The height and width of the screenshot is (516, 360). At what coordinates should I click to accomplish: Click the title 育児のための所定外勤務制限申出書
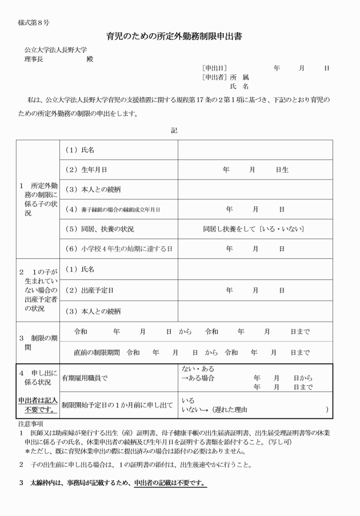tap(174, 37)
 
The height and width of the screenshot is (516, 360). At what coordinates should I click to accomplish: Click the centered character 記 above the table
tap(174, 130)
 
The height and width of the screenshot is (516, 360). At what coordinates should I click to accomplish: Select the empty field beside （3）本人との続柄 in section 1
tap(255, 189)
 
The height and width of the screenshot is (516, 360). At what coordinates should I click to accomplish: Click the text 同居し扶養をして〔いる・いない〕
tap(254, 229)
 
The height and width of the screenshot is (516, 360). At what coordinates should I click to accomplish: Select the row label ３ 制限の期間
tap(35, 342)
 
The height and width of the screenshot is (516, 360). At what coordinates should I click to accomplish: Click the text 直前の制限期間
tap(97, 352)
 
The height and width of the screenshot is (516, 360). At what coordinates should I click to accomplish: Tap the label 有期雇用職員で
tap(85, 378)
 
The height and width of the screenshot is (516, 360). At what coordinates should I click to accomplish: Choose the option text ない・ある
tap(197, 369)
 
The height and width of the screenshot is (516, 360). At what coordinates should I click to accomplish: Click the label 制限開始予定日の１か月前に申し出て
tap(117, 405)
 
